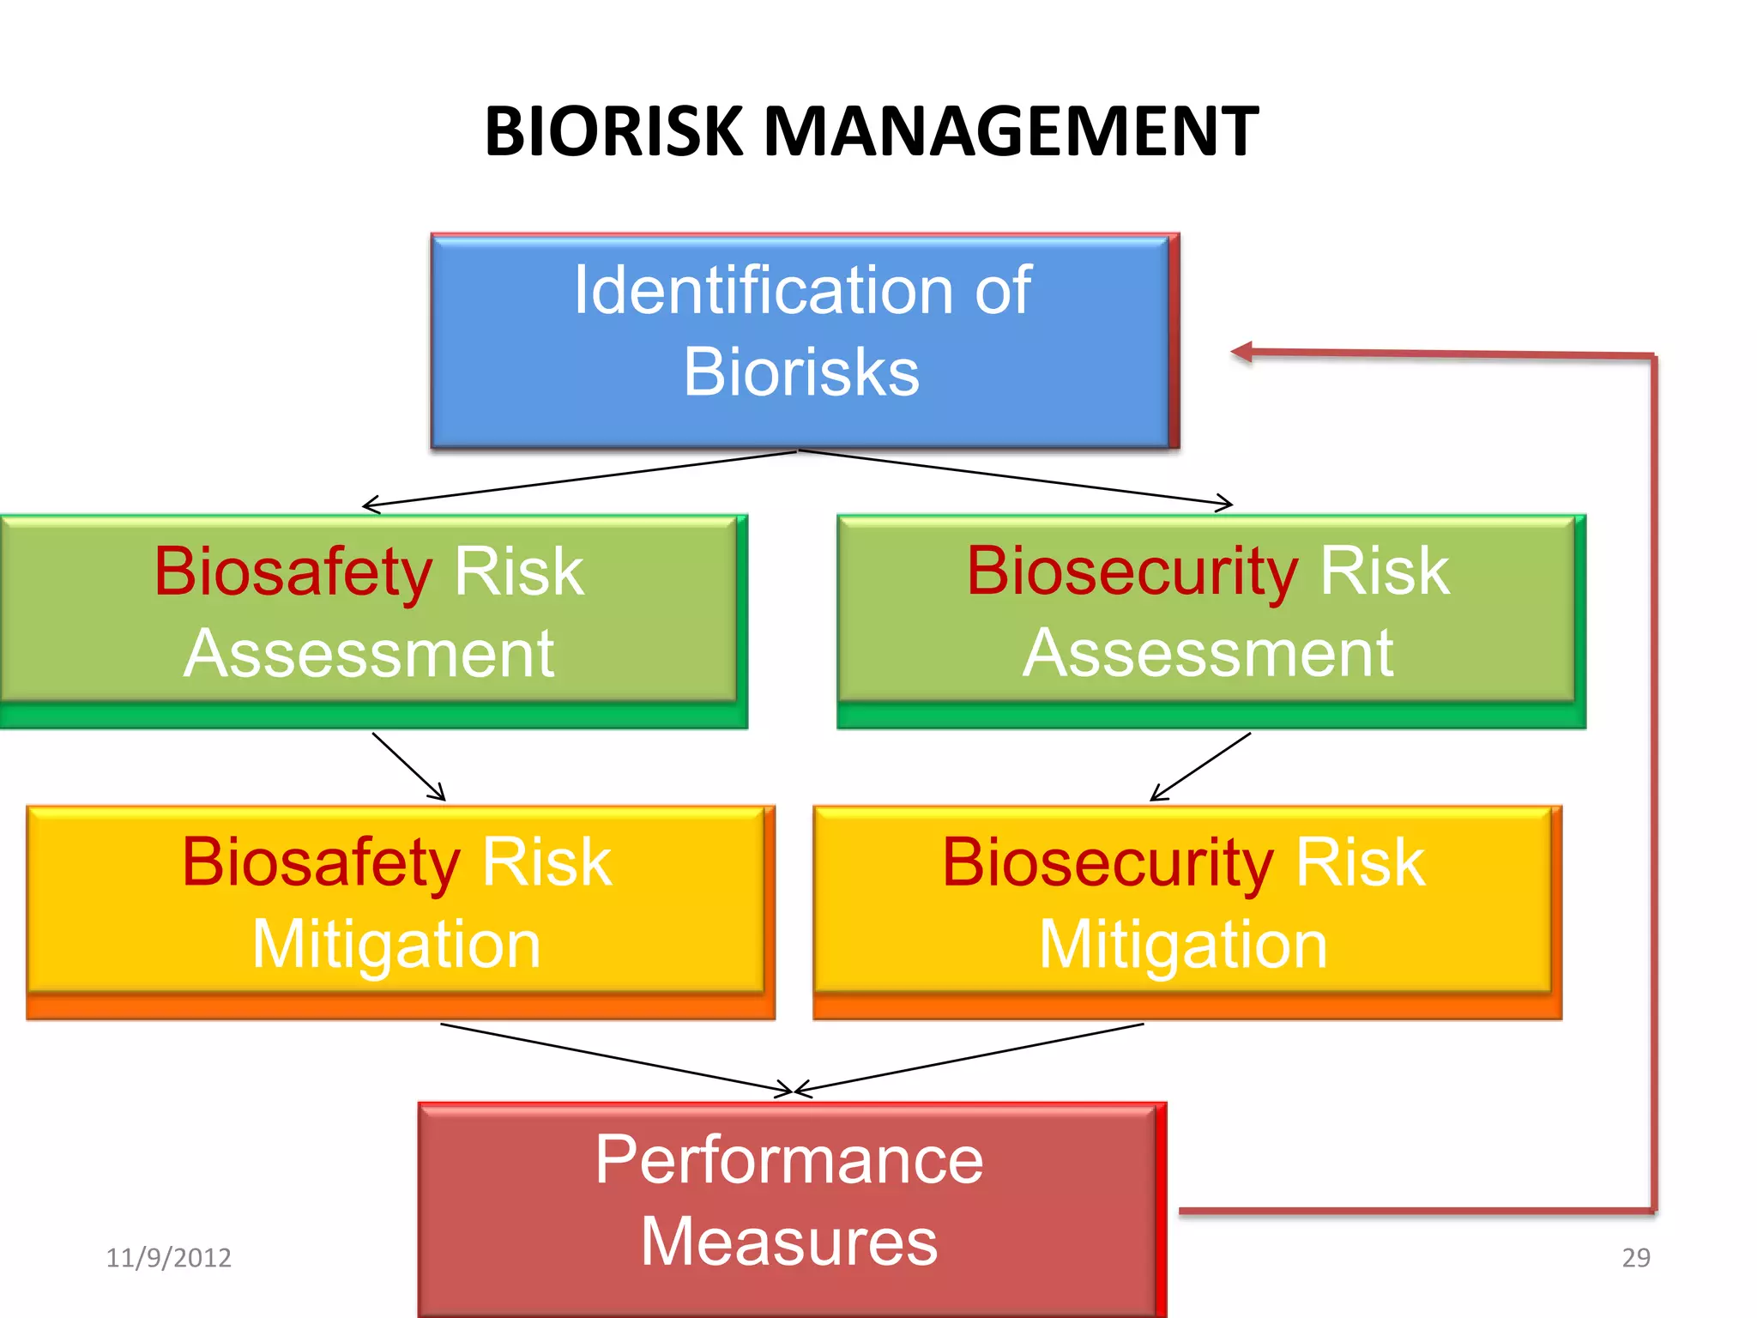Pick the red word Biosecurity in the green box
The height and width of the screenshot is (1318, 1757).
pyautogui.click(x=1132, y=571)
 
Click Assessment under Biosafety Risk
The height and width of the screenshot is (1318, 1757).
pyautogui.click(x=369, y=654)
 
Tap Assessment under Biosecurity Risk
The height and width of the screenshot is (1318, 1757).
pyautogui.click(x=1208, y=654)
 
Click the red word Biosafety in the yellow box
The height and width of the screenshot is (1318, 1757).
pyautogui.click(x=321, y=862)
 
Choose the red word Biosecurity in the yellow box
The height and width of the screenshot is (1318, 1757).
pyautogui.click(x=1108, y=862)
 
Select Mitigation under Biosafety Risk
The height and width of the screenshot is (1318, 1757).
pyautogui.click(x=396, y=945)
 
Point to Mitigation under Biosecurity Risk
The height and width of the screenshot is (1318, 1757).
pyautogui.click(x=1183, y=945)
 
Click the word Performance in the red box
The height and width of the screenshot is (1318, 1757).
pyautogui.click(x=789, y=1159)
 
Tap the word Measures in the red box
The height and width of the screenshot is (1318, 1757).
pyautogui.click(x=789, y=1242)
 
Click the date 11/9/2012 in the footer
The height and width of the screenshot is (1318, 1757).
pyautogui.click(x=168, y=1258)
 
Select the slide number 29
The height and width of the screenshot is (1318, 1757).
pyautogui.click(x=1635, y=1258)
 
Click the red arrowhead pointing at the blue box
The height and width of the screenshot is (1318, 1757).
pyautogui.click(x=1241, y=352)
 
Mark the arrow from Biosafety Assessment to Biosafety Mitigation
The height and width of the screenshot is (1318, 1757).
pyautogui.click(x=408, y=766)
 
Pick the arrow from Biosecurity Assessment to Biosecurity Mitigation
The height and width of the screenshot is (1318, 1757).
pyautogui.click(x=1200, y=766)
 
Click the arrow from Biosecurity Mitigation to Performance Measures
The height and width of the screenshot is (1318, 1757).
pyautogui.click(x=969, y=1057)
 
